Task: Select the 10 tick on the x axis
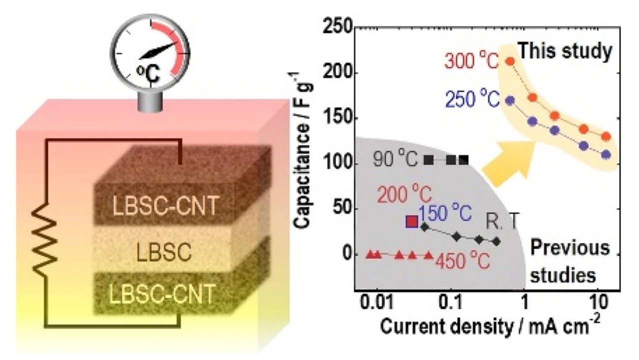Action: [598, 306]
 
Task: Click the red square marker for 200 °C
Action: [412, 221]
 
